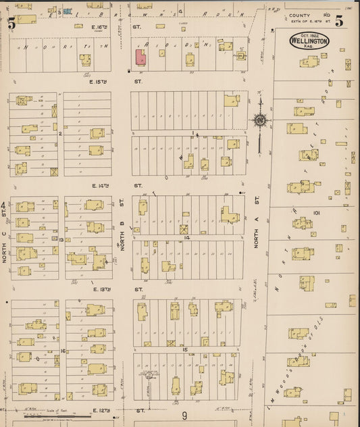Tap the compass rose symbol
[x=260, y=121]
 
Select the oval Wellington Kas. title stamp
[x=309, y=41]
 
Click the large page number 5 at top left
[x=11, y=23]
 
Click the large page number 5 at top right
[x=338, y=22]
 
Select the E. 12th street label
[x=100, y=409]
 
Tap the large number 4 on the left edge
[x=3, y=205]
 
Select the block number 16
[x=61, y=351]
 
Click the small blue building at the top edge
[x=67, y=11]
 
